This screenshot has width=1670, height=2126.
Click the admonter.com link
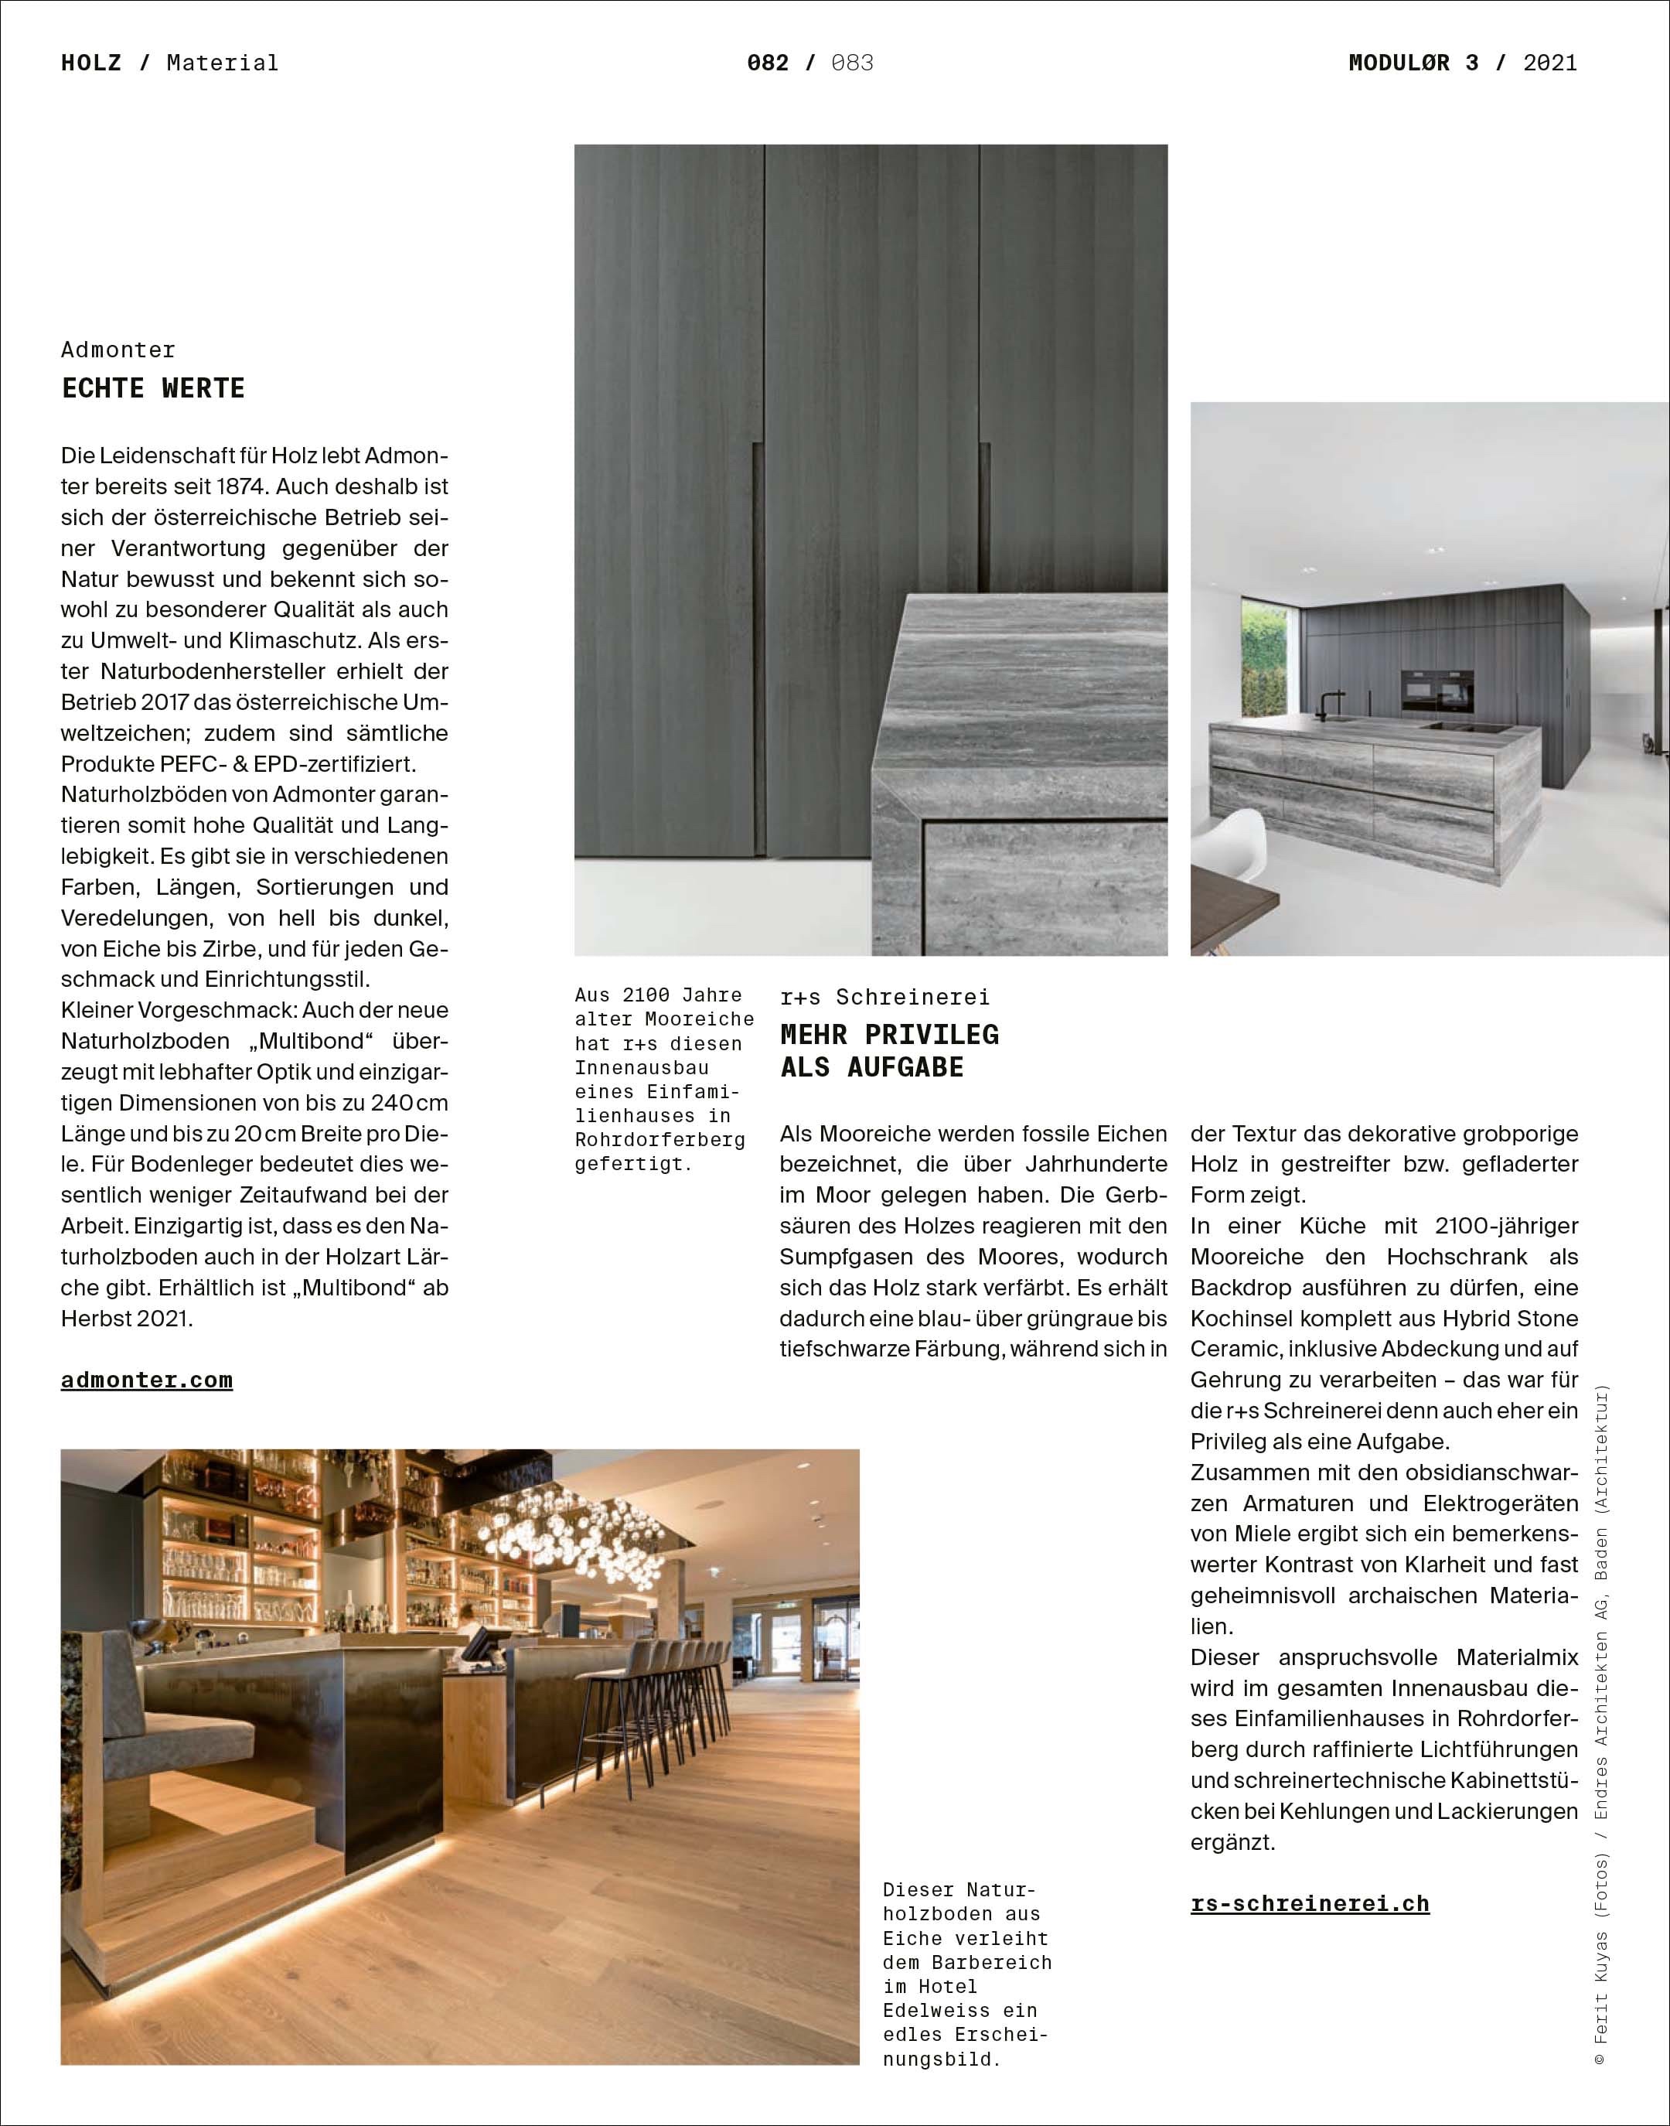point(147,1380)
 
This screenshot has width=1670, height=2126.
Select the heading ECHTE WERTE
point(154,388)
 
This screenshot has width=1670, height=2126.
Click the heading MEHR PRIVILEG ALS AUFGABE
point(889,1050)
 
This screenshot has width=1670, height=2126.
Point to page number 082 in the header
point(768,63)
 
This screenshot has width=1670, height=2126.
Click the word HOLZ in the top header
point(91,63)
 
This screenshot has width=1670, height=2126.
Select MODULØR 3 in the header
point(1413,63)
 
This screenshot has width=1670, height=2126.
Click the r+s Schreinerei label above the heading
point(884,997)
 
